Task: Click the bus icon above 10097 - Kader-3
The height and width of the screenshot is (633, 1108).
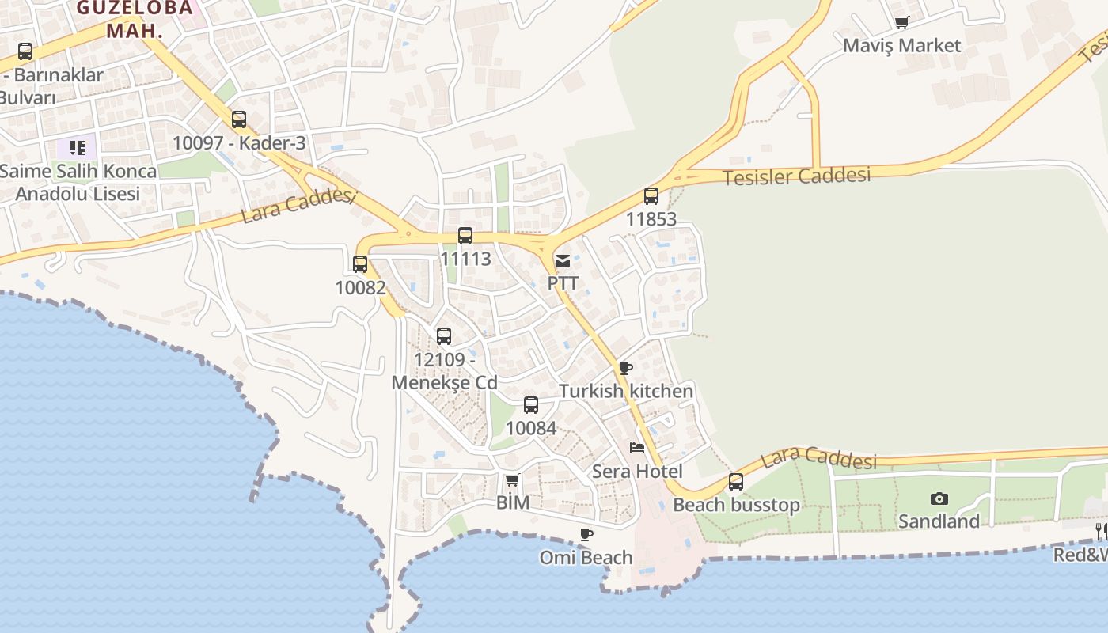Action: (x=239, y=119)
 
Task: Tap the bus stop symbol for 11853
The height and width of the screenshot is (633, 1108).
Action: (x=651, y=196)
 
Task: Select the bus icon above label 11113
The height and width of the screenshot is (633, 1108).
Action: (x=465, y=236)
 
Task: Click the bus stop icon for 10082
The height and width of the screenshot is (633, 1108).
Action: (x=360, y=264)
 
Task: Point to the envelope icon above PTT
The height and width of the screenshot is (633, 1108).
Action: (x=563, y=260)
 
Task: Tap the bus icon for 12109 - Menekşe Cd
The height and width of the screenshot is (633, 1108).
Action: (x=444, y=336)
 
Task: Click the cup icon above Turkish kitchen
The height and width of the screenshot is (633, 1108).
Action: (x=625, y=368)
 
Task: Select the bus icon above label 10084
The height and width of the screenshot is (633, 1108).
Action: (x=531, y=405)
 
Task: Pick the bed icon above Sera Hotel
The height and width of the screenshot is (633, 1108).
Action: (x=637, y=448)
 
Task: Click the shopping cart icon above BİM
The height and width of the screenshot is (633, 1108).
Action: (x=512, y=480)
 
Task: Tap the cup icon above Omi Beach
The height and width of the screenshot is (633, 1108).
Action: (x=586, y=535)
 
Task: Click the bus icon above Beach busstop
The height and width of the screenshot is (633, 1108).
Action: (x=736, y=481)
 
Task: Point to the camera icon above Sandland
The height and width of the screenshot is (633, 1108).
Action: (x=939, y=498)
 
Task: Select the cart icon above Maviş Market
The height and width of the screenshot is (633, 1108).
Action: (x=901, y=23)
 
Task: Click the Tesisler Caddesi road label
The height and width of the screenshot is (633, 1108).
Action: (x=796, y=176)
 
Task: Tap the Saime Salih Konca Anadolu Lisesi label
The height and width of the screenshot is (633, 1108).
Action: (x=78, y=182)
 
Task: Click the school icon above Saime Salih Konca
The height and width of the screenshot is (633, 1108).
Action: (x=77, y=147)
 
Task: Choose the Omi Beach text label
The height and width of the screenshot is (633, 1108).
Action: (x=586, y=558)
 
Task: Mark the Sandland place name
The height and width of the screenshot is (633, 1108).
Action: (x=938, y=521)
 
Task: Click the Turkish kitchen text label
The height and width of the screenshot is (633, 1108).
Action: (x=626, y=391)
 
